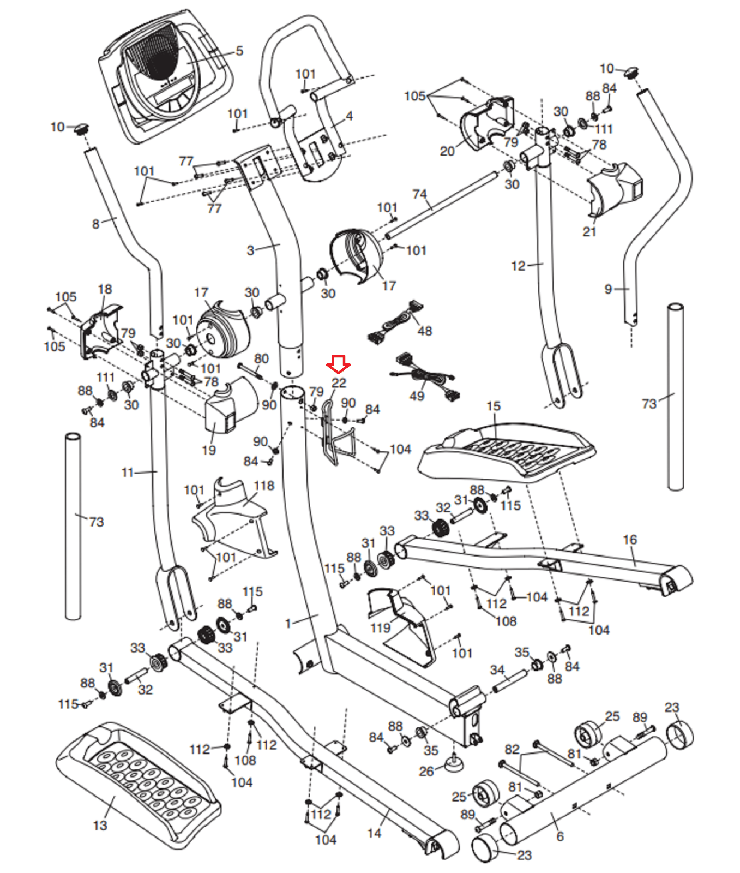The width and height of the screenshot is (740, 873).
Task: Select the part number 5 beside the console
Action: [239, 51]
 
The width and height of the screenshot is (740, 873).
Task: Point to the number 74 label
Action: [419, 194]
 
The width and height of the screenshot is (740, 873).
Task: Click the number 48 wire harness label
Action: [424, 331]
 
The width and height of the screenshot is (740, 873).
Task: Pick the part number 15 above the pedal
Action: [493, 406]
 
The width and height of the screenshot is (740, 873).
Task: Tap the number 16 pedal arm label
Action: [630, 540]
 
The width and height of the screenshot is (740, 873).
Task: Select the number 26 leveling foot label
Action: [426, 771]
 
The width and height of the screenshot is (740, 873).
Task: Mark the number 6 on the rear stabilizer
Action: [559, 836]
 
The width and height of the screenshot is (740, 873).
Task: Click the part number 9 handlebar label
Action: [609, 289]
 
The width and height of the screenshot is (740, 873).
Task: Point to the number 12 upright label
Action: [518, 266]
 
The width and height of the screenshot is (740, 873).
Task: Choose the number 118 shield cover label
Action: [264, 486]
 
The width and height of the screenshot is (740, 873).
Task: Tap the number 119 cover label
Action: [380, 627]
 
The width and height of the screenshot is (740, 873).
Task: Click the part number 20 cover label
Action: [447, 151]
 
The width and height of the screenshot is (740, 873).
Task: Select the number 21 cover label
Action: [589, 231]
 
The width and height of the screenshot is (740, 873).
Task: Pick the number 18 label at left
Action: [105, 289]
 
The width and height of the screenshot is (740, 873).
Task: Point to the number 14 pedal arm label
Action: [374, 833]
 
